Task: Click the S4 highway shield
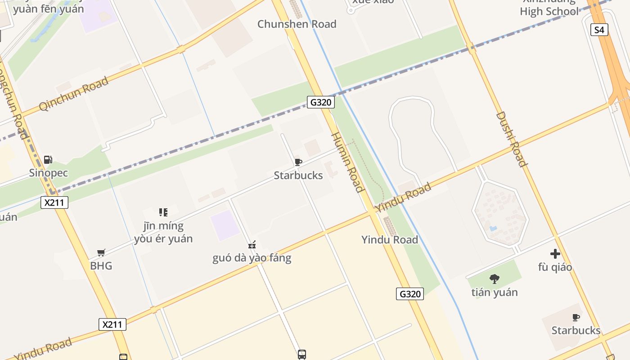point(599,30)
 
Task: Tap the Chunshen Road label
point(297,24)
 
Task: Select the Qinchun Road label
point(74,94)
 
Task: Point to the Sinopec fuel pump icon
point(48,160)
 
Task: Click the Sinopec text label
point(49,173)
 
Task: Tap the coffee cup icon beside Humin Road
point(298,162)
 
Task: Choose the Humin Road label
point(347,162)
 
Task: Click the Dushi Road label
point(511,139)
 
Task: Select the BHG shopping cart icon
point(101,253)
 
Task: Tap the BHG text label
point(101,265)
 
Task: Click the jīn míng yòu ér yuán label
point(163,232)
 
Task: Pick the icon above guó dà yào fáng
point(252,245)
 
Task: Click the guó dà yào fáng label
point(252,258)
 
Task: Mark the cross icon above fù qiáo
point(555,254)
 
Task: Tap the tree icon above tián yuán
point(495,279)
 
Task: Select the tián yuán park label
point(495,292)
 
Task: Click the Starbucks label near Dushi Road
point(576,330)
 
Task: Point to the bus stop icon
point(302,354)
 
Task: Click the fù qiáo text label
point(555,267)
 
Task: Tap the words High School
point(549,11)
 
